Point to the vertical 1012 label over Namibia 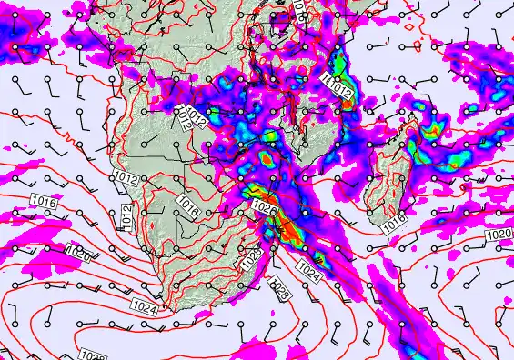tap(127, 216)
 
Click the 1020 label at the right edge tap(499, 235)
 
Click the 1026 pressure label tap(264, 209)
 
